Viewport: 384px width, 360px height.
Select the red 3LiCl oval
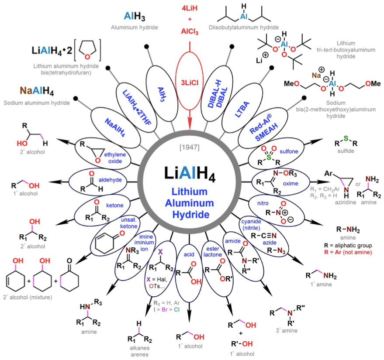(x=190, y=83)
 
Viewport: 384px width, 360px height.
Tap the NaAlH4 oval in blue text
(x=115, y=123)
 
